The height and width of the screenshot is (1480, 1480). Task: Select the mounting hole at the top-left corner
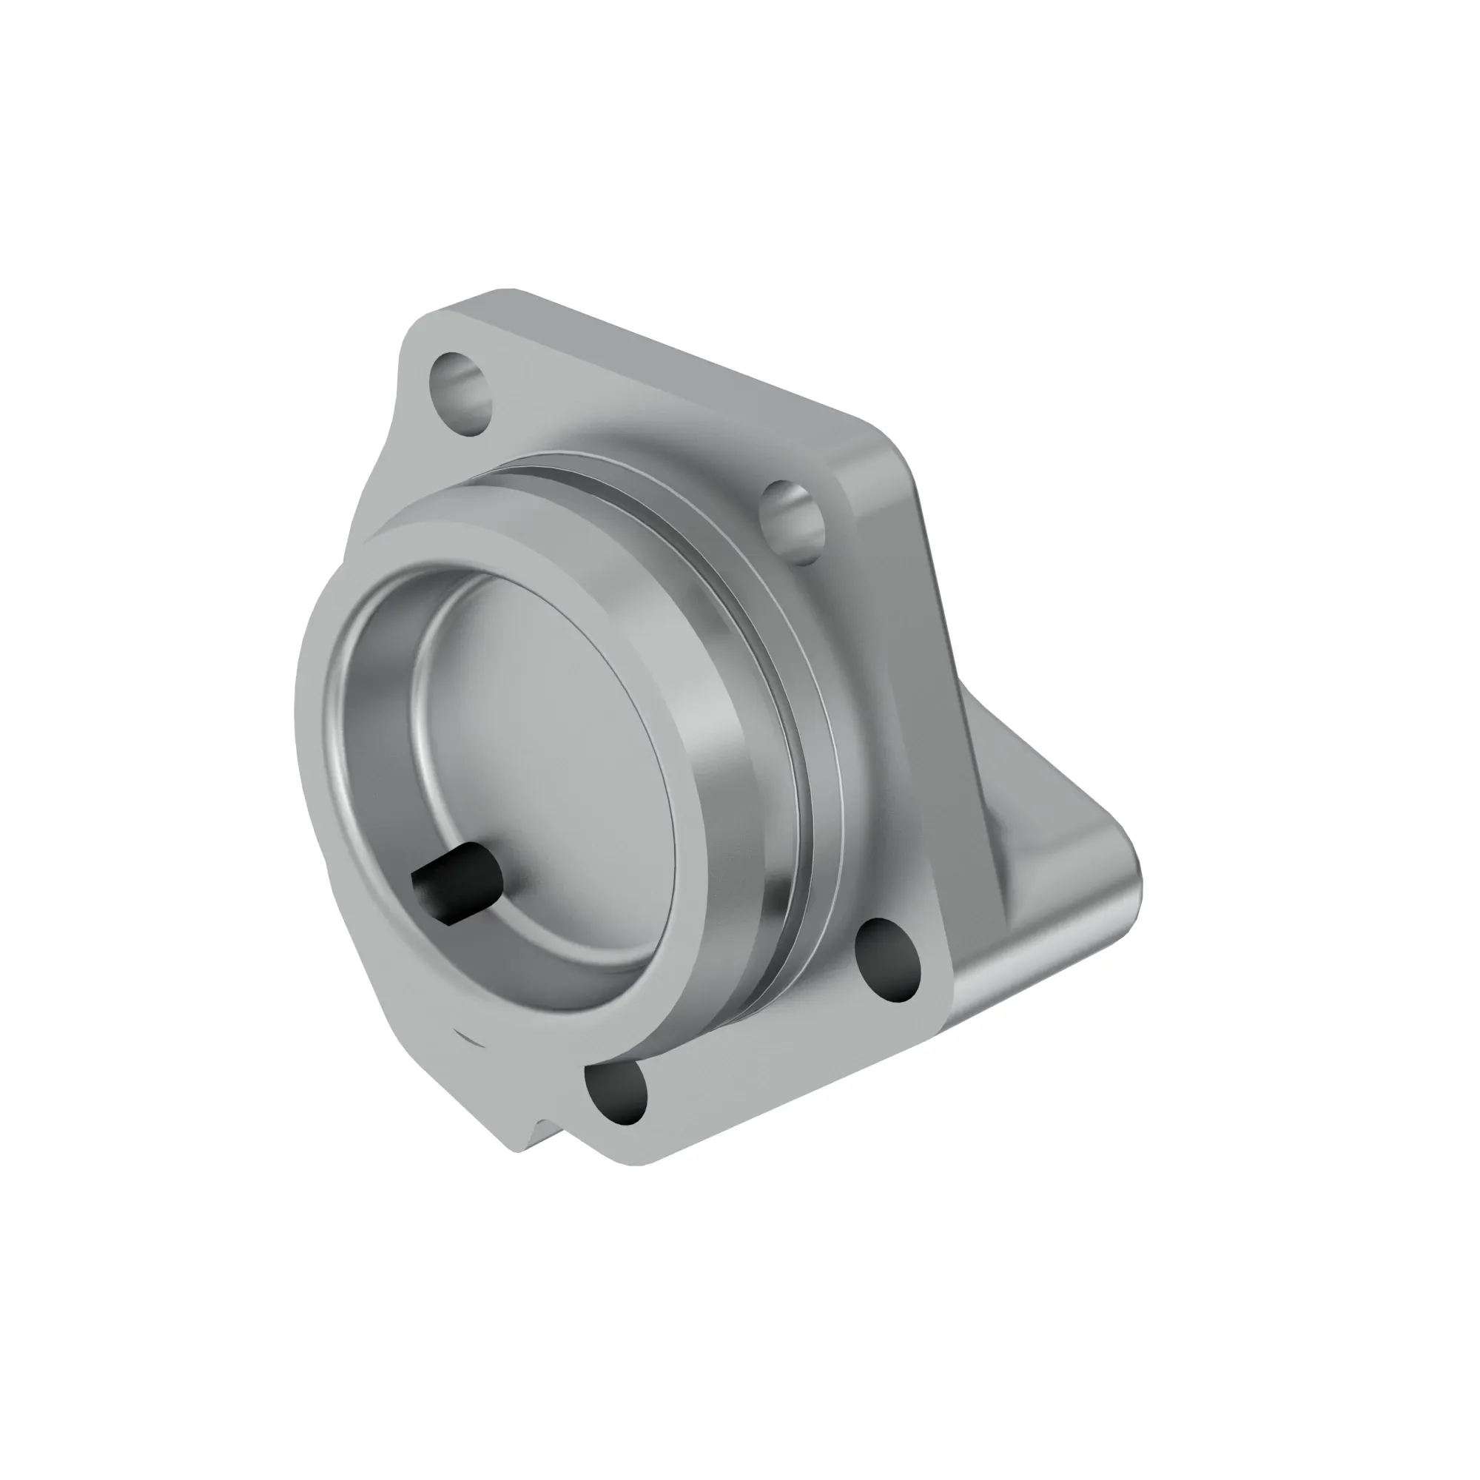click(460, 393)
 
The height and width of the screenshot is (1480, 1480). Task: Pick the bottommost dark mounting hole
click(616, 1092)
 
